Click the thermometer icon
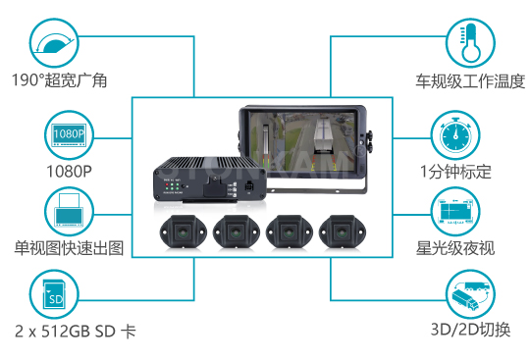point(470,43)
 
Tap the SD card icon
point(54,294)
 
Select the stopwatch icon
point(455,135)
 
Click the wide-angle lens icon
point(54,43)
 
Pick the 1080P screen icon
point(69,135)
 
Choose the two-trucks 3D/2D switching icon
point(470,294)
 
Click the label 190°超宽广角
point(60,80)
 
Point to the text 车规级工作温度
point(470,81)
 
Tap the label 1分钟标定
point(455,172)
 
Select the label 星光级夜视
point(455,248)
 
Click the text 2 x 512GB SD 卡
point(76,332)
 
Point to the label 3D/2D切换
point(470,330)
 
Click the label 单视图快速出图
point(69,248)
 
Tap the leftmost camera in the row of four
point(183,232)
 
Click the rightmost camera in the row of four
point(343,232)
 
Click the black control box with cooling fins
point(210,180)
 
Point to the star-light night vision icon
point(455,212)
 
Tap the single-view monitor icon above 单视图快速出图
point(69,212)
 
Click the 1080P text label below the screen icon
point(69,172)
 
